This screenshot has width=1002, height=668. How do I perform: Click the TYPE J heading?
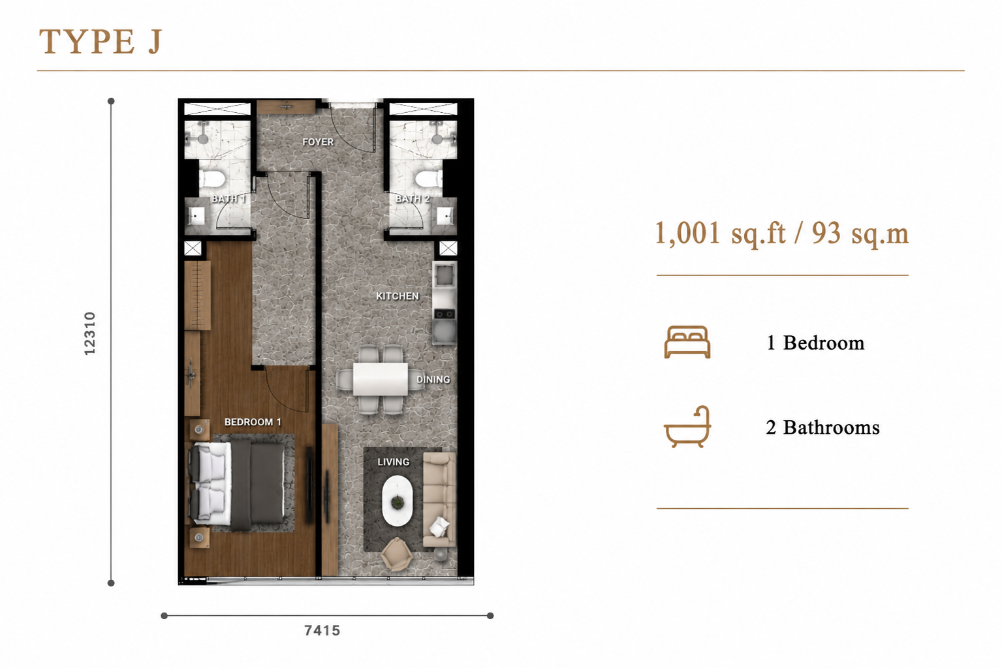coord(101,42)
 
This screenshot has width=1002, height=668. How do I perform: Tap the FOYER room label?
coord(318,142)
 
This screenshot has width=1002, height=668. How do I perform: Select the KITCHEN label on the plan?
coord(398,296)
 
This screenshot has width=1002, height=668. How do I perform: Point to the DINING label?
coord(433,379)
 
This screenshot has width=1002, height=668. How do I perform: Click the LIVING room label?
coord(393,462)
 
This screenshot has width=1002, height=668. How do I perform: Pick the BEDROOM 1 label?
coord(253,422)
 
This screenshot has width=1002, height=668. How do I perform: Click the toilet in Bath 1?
coord(211,179)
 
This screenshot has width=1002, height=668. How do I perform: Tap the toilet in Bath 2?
coord(429,179)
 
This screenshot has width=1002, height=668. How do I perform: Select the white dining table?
coord(380,380)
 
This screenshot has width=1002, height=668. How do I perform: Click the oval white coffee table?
coord(398,501)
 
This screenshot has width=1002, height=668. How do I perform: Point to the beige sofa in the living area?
coord(439,500)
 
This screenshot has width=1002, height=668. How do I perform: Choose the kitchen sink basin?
coord(445,275)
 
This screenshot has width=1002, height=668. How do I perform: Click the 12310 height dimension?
coord(90,333)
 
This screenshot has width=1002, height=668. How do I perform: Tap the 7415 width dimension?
coord(322,630)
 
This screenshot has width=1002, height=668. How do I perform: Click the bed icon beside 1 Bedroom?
coord(687,342)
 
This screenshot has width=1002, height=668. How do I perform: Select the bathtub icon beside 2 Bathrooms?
coord(687,427)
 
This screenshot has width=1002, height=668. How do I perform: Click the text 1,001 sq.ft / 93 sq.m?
coord(782,234)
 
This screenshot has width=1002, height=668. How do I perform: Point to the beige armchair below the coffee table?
coord(397,554)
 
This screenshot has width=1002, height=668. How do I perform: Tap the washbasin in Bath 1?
coord(195,217)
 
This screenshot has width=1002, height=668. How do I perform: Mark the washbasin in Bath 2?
coord(445,217)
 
